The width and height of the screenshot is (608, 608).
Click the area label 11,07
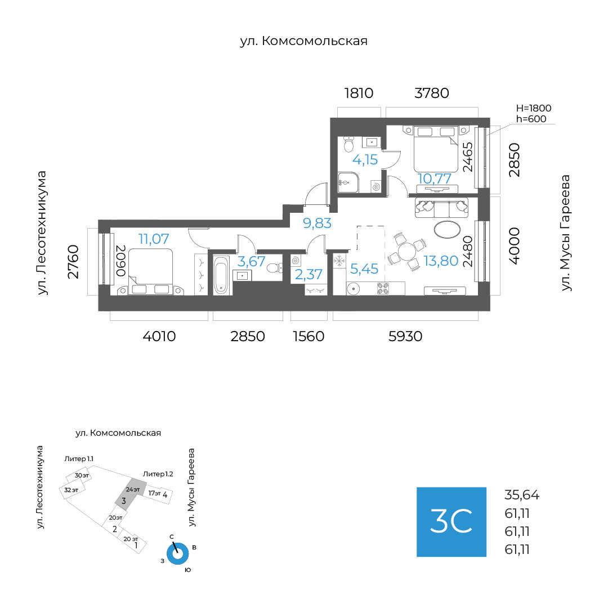[154, 239]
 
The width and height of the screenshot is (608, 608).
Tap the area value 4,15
[365, 159]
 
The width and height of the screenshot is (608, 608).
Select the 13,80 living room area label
[441, 261]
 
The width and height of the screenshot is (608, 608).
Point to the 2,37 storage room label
[309, 275]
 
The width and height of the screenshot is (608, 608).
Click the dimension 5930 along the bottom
[405, 336]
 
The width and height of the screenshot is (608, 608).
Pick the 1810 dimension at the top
[359, 93]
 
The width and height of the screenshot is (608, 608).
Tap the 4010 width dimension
[159, 336]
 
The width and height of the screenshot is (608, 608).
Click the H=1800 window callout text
[534, 108]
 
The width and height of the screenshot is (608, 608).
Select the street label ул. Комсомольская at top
[303, 41]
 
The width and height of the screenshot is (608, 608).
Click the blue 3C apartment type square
[451, 522]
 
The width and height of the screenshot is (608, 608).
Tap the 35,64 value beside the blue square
[522, 495]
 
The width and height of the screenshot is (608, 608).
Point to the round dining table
[407, 251]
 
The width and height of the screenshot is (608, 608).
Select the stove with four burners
[383, 288]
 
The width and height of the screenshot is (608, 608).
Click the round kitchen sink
[354, 288]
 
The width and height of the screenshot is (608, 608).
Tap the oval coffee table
[447, 229]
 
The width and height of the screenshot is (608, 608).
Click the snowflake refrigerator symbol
[339, 261]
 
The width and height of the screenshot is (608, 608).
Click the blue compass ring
[177, 554]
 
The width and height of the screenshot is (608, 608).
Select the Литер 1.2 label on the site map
[158, 474]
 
